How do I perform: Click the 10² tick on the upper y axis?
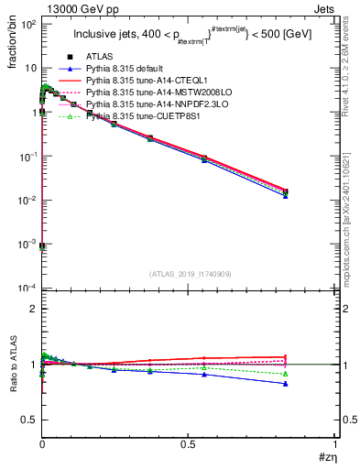(x=27, y=24)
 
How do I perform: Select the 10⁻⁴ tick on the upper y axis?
(x=27, y=289)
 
